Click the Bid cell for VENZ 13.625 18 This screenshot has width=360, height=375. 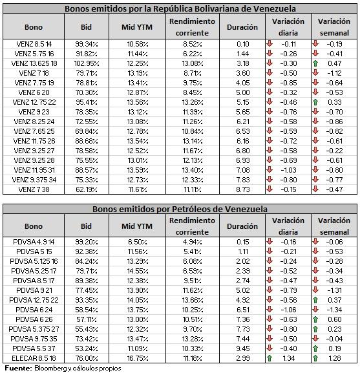point(87,63)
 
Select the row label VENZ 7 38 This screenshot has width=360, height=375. point(34,189)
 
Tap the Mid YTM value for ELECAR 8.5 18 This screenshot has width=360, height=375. point(138,358)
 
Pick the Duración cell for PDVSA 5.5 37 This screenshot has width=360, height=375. point(243,348)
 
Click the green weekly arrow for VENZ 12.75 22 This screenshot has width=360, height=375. point(315,102)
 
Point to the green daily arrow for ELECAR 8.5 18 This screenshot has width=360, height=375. point(270,358)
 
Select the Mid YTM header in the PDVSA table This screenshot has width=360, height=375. point(137,226)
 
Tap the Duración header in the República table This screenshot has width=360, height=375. point(242,27)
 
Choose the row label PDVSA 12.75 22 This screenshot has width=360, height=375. point(34,300)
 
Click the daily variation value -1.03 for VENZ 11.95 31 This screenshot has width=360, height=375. point(289,170)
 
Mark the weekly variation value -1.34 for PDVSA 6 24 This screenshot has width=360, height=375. point(334,310)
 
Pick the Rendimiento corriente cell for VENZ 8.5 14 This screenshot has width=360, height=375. point(193,44)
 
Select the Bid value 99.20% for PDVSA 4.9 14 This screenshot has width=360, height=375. point(87,242)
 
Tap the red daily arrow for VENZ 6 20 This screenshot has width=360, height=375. point(270,92)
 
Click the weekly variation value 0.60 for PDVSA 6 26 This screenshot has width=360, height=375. point(335,319)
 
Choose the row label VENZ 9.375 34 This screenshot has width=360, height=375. point(34,180)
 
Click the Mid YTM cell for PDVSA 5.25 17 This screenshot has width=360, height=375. point(138,271)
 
